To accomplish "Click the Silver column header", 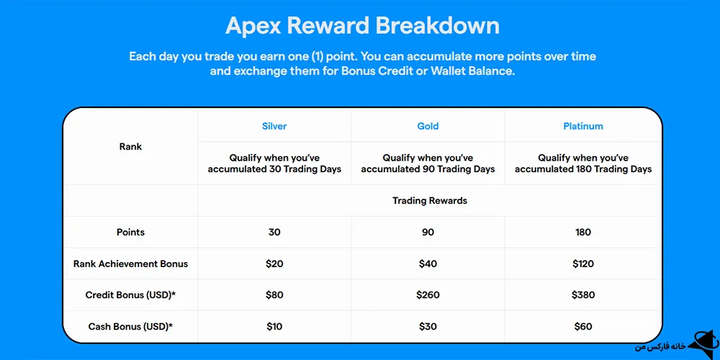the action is pyautogui.click(x=274, y=126).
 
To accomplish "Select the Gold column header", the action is pyautogui.click(x=428, y=126).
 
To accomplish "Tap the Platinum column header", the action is pyautogui.click(x=583, y=126).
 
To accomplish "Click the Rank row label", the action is pyautogui.click(x=130, y=147).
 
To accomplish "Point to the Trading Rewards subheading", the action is pyautogui.click(x=429, y=201).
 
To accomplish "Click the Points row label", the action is pyautogui.click(x=130, y=233).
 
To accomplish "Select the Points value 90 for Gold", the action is pyautogui.click(x=428, y=233).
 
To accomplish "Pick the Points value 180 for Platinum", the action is pyautogui.click(x=583, y=233).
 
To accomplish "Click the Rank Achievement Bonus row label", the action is pyautogui.click(x=130, y=264).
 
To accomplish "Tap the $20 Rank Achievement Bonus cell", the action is pyautogui.click(x=274, y=264).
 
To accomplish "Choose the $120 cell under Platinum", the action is pyautogui.click(x=583, y=264).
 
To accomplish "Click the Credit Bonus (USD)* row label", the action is pyautogui.click(x=130, y=295).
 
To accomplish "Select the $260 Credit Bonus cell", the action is pyautogui.click(x=428, y=295).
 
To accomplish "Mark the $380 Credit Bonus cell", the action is pyautogui.click(x=583, y=295).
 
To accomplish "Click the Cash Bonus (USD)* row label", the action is pyautogui.click(x=130, y=327).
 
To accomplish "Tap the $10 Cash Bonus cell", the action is pyautogui.click(x=274, y=327).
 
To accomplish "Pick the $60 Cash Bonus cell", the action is pyautogui.click(x=583, y=327).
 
